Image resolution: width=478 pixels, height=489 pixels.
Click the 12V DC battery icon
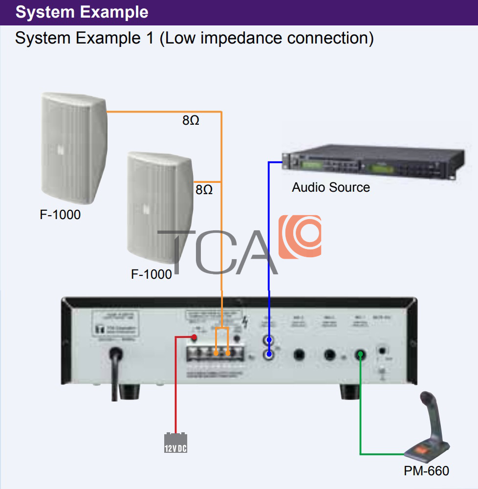(175, 443)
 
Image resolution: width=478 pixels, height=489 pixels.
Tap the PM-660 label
(426, 471)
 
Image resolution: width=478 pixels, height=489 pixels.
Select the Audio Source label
(331, 187)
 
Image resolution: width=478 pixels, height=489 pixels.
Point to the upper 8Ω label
(191, 120)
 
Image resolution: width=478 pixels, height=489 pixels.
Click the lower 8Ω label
(204, 190)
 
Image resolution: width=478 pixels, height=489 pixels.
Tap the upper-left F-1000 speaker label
(60, 214)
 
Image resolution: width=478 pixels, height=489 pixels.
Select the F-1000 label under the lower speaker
(152, 274)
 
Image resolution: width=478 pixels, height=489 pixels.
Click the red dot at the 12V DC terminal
(194, 337)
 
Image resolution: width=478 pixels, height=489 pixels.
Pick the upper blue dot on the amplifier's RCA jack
(269, 339)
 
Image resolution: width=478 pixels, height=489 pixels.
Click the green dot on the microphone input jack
(360, 354)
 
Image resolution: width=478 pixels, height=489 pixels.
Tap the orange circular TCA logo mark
(300, 236)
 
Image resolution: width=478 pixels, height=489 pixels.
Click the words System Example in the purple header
(82, 12)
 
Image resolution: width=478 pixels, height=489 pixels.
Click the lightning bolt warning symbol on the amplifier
(246, 323)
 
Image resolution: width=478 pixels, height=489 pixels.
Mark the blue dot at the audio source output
(284, 162)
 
